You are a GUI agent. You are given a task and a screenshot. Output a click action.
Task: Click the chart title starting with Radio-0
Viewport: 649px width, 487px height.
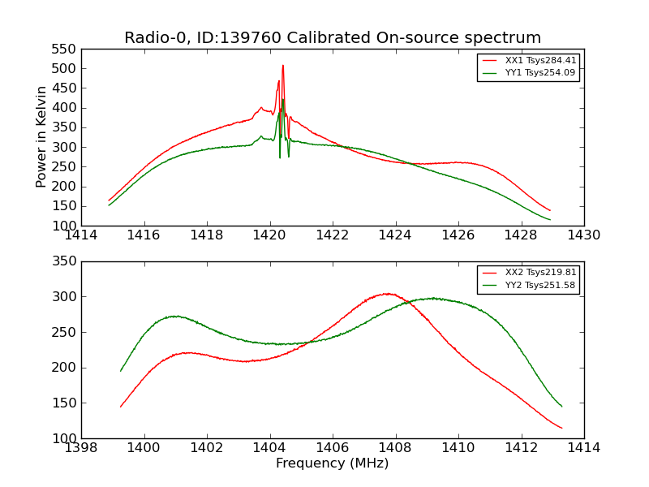[x=333, y=37]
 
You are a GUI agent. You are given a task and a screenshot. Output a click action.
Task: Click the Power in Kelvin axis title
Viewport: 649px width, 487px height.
[x=41, y=137]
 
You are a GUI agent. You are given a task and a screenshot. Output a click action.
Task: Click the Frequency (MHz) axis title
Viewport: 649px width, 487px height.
[x=333, y=463]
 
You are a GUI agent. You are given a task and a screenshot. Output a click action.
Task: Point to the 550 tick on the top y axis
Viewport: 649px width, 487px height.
[x=66, y=49]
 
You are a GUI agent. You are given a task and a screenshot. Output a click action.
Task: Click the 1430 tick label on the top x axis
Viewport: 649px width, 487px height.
[x=583, y=235]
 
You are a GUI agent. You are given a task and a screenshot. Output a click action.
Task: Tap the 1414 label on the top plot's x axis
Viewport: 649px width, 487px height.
[x=81, y=235]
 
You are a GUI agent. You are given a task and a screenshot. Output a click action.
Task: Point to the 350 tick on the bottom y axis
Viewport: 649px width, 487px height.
[x=66, y=261]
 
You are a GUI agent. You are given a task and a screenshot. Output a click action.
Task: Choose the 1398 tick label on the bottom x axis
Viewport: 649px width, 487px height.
[x=81, y=448]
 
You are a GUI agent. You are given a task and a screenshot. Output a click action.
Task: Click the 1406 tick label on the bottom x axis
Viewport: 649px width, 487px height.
[x=333, y=448]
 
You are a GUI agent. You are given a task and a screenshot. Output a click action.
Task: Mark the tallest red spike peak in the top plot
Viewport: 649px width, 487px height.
[x=283, y=66]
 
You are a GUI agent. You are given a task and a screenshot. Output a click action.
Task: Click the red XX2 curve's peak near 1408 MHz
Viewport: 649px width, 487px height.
[x=389, y=294]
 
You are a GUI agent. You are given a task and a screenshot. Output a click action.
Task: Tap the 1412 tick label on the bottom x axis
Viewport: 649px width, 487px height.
[x=521, y=448]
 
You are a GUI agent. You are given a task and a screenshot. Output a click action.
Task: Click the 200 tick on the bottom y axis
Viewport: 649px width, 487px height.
[x=66, y=368]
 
